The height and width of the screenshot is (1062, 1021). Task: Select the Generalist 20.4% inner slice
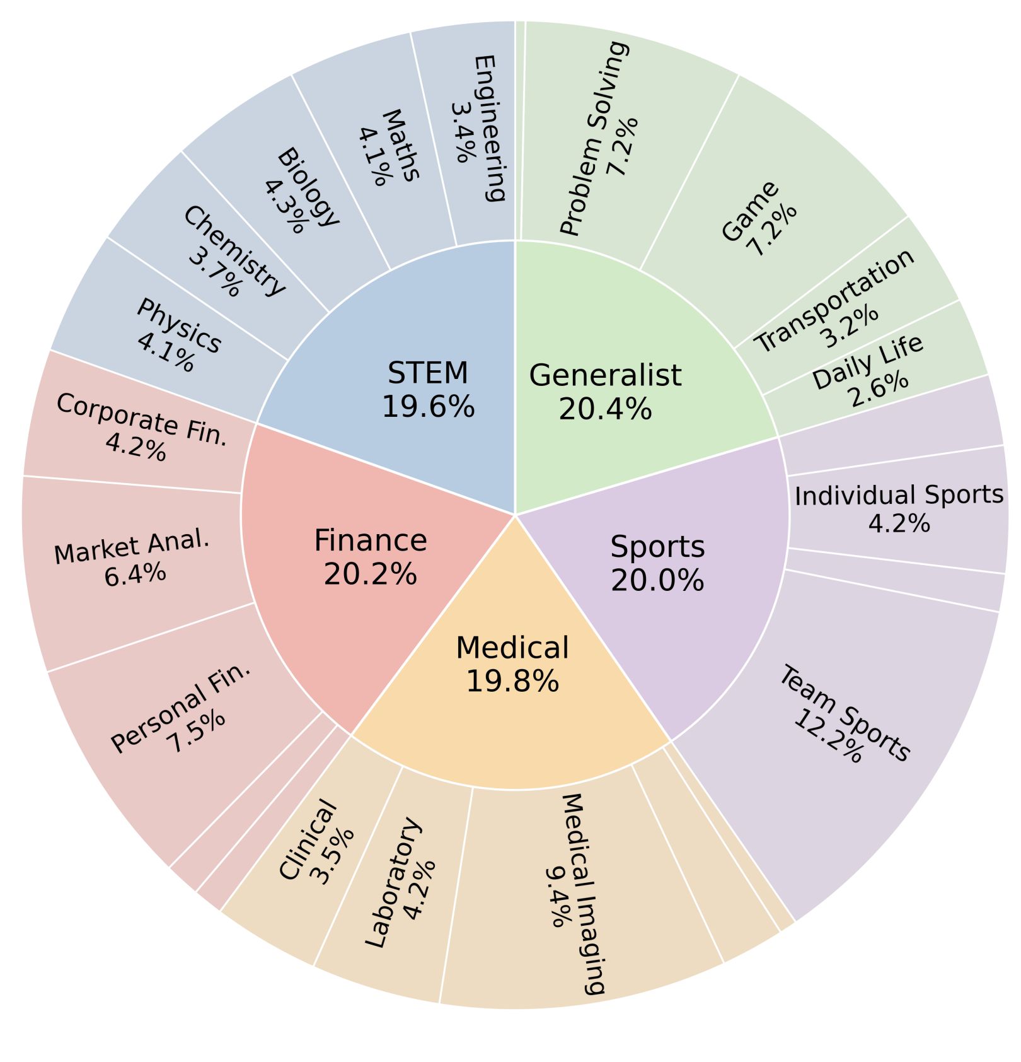(x=605, y=391)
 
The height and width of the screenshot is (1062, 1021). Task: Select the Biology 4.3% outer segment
(x=301, y=189)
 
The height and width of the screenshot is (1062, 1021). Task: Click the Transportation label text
(x=835, y=300)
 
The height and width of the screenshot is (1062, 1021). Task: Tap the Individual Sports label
(x=899, y=495)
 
